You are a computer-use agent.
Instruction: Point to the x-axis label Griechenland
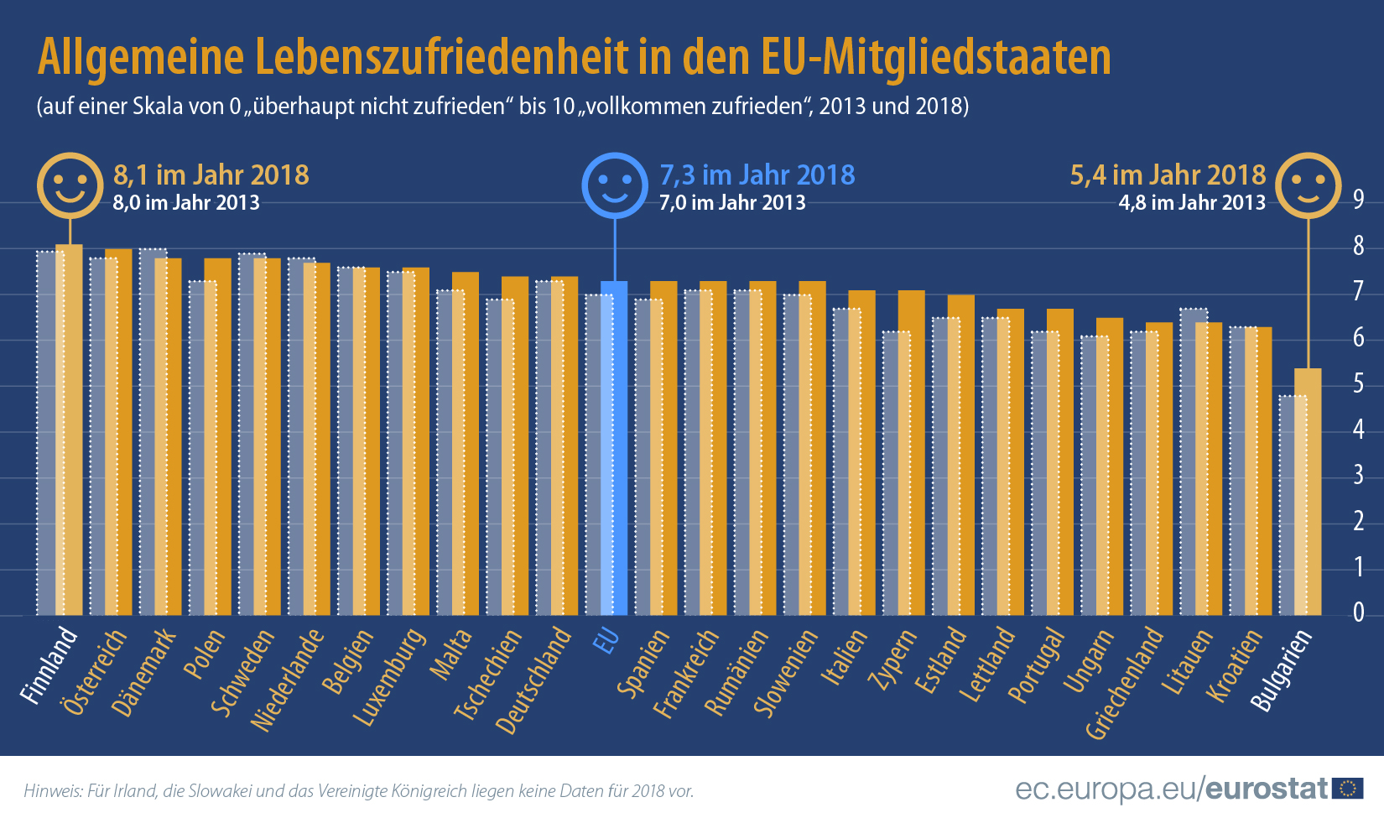click(x=1125, y=684)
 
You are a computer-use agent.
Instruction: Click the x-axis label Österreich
click(x=95, y=672)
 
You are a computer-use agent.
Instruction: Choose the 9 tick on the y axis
click(x=1358, y=200)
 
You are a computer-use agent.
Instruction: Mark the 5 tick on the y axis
click(x=1358, y=384)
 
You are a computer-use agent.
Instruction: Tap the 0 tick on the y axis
click(x=1358, y=613)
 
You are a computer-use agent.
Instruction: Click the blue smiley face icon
click(x=615, y=185)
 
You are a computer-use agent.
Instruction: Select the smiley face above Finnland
click(x=70, y=185)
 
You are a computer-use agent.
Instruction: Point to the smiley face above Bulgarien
click(x=1308, y=185)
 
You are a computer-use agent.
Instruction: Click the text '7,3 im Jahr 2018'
click(x=757, y=175)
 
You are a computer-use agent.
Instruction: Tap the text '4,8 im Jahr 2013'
click(x=1191, y=203)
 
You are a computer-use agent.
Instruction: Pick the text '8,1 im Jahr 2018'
click(x=211, y=175)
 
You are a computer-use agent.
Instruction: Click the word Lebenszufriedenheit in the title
click(x=441, y=57)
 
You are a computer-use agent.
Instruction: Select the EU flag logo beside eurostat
click(x=1348, y=789)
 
